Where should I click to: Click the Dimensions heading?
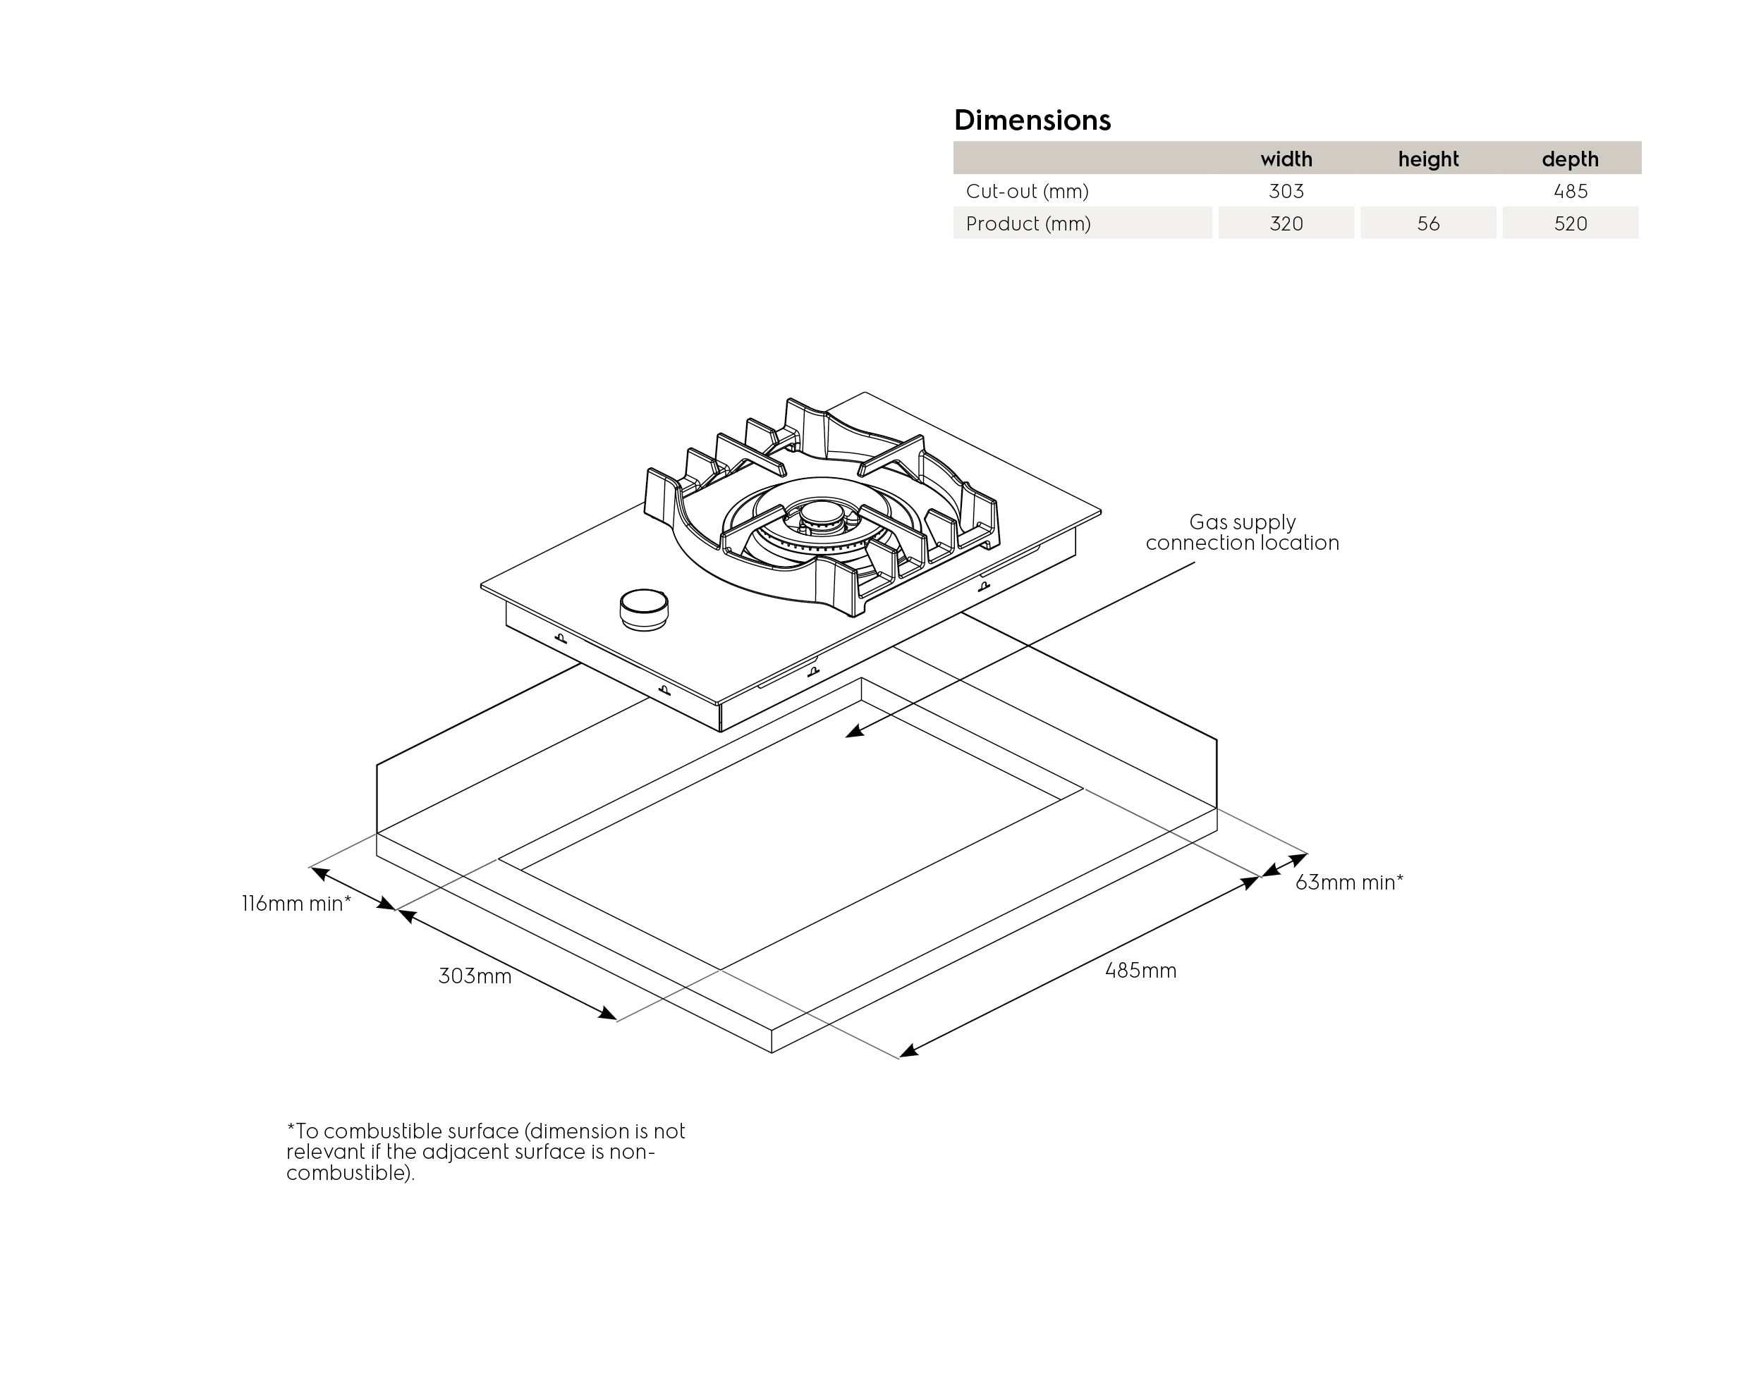(1032, 120)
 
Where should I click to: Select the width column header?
(1286, 159)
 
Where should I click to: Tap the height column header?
(1427, 159)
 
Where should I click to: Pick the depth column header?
(1570, 159)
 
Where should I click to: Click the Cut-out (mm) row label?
(1027, 192)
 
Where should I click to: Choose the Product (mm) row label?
(1028, 224)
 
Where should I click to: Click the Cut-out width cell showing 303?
(1286, 192)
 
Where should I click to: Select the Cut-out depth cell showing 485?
(1570, 192)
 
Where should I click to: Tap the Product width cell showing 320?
(1286, 224)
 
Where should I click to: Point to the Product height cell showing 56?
(1427, 224)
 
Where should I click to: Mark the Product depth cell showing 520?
(1570, 224)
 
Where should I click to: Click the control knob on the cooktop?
(644, 608)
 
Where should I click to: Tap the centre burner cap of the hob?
(822, 513)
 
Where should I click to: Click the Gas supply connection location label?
(1242, 532)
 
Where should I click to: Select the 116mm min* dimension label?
(296, 904)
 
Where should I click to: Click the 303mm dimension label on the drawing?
(475, 976)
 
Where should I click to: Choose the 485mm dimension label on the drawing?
(1140, 970)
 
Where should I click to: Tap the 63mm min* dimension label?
(1348, 882)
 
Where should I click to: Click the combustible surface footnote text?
(485, 1152)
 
